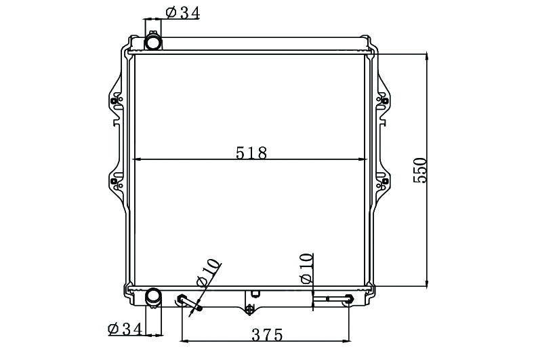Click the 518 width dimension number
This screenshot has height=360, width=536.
click(251, 153)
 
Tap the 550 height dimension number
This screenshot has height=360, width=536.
click(420, 170)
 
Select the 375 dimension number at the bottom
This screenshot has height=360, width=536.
click(267, 335)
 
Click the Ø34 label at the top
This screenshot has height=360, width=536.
click(182, 13)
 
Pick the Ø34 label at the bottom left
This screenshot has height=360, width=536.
click(125, 329)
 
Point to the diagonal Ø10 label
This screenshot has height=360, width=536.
click(208, 272)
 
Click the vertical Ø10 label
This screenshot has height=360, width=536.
click(306, 268)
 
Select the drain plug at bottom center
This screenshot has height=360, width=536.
click(250, 308)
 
